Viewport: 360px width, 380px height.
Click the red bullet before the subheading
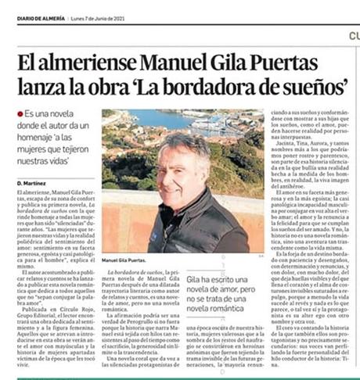[x=21, y=113]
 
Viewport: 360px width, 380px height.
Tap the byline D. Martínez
[x=29, y=182]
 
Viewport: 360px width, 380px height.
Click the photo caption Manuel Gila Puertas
[x=123, y=260]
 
